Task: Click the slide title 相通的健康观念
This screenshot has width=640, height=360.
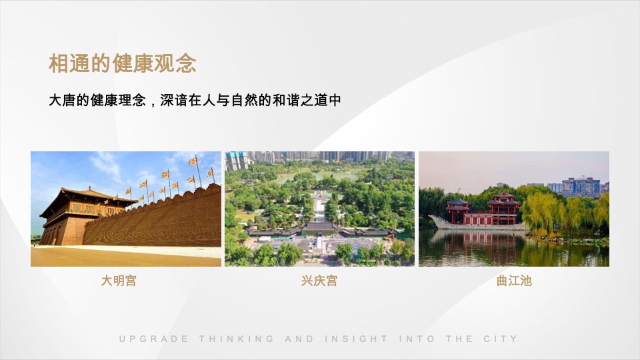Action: [x=122, y=64]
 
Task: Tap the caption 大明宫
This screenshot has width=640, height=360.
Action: [x=119, y=281]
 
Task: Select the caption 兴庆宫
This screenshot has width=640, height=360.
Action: [x=319, y=281]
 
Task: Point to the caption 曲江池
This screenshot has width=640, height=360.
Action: [x=514, y=281]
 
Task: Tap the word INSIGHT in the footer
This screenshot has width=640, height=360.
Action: [x=356, y=339]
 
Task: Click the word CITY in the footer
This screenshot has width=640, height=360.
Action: [x=500, y=339]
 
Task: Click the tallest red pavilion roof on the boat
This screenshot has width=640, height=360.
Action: [x=503, y=197]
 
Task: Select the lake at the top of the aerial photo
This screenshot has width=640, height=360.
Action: [x=320, y=175]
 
